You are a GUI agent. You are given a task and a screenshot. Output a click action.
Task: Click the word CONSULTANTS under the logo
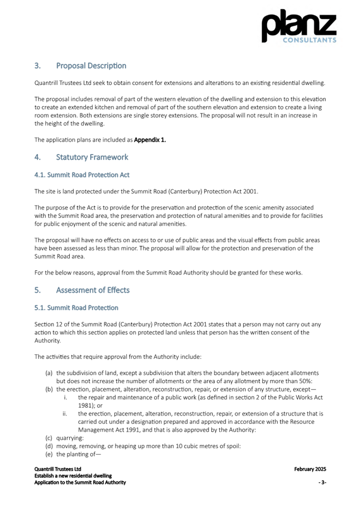pyautogui.click(x=309, y=40)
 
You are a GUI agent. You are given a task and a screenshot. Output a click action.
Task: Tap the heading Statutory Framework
pyautogui.click(x=92, y=157)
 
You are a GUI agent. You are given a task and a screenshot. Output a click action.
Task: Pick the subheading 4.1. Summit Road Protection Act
pyautogui.click(x=82, y=175)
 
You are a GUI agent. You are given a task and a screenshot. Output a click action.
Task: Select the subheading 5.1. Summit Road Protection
pyautogui.click(x=76, y=308)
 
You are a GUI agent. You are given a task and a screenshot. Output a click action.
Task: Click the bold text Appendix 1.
pyautogui.click(x=150, y=140)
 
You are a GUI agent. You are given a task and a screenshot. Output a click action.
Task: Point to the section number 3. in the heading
pyautogui.click(x=38, y=66)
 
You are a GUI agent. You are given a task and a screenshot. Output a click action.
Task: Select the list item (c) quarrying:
pyautogui.click(x=64, y=439)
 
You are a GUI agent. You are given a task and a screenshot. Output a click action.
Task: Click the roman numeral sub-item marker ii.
pyautogui.click(x=65, y=414)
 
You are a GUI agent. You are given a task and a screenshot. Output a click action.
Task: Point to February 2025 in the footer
pyautogui.click(x=310, y=470)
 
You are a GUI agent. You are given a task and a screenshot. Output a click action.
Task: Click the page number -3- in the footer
pyautogui.click(x=322, y=482)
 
